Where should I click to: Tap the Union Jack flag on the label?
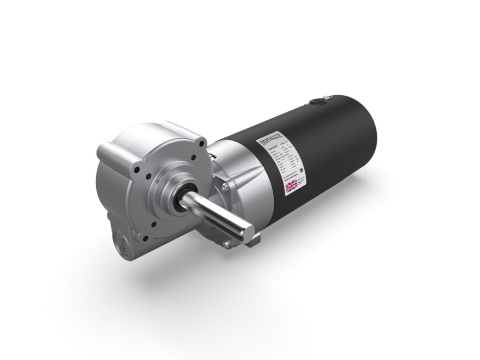coord(292,186)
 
